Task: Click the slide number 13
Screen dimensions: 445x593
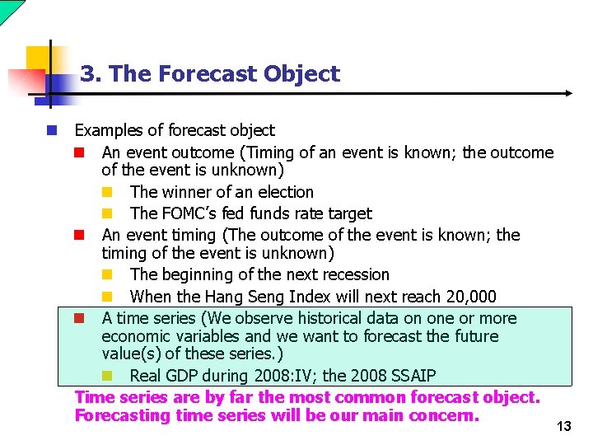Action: [x=563, y=426]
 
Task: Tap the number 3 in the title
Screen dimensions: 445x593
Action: [x=86, y=74]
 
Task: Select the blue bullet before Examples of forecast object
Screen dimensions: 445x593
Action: [x=52, y=130]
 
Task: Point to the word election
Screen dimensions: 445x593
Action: [x=286, y=192]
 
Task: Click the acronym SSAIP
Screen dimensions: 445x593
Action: [x=409, y=376]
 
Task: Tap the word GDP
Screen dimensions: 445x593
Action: [x=182, y=376]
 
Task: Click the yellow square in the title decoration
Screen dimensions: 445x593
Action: [x=40, y=59]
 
